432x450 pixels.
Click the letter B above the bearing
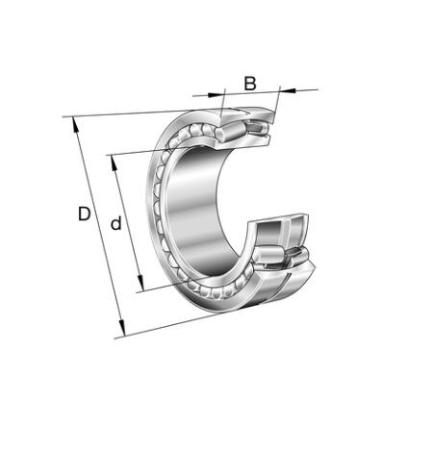[x=250, y=84]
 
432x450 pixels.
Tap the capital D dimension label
[x=85, y=213]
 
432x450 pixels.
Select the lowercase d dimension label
[x=116, y=223]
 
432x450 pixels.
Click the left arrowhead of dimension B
[x=215, y=95]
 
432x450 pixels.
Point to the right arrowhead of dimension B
[x=288, y=90]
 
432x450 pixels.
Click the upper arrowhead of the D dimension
[x=75, y=125]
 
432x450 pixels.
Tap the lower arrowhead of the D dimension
[x=121, y=328]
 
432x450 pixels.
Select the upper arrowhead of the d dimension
[x=114, y=162]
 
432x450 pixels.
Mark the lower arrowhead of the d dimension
[x=140, y=283]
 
